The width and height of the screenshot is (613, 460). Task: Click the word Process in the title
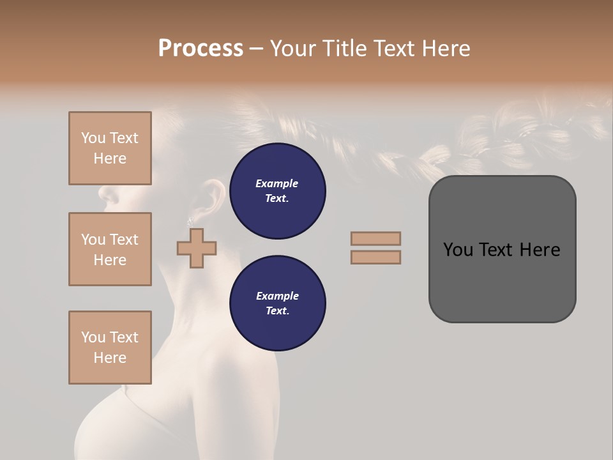tap(201, 49)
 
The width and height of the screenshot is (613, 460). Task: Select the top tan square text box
tap(110, 148)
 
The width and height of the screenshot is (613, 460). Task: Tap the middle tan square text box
tap(110, 249)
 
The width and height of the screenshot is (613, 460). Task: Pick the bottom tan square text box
tap(110, 348)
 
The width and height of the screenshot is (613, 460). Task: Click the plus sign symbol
tap(197, 248)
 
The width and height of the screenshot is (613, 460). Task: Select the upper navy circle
tap(277, 191)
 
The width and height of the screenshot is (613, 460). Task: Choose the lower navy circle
tap(277, 303)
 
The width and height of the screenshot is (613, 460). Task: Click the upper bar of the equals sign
tap(375, 238)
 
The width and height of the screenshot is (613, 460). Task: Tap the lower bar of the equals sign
tap(375, 257)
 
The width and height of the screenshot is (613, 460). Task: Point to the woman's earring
tap(190, 221)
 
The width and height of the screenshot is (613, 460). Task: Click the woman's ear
tap(212, 197)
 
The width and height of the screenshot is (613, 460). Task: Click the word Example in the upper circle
tap(276, 183)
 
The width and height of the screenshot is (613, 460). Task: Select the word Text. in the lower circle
tap(277, 310)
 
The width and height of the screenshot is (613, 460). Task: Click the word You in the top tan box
tap(93, 138)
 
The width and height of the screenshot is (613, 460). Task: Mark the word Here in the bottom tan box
tap(110, 358)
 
